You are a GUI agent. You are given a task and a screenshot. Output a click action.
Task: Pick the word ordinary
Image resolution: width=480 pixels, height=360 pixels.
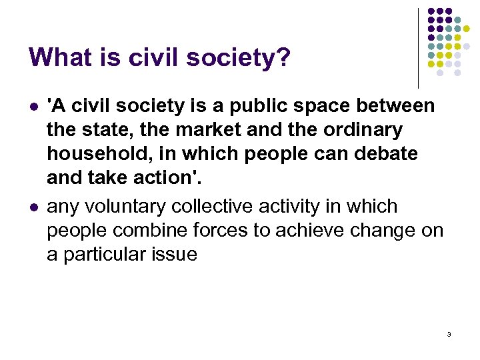pos(370,130)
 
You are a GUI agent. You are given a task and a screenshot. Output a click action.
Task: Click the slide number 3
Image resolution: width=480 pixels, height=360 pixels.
pos(449,334)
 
